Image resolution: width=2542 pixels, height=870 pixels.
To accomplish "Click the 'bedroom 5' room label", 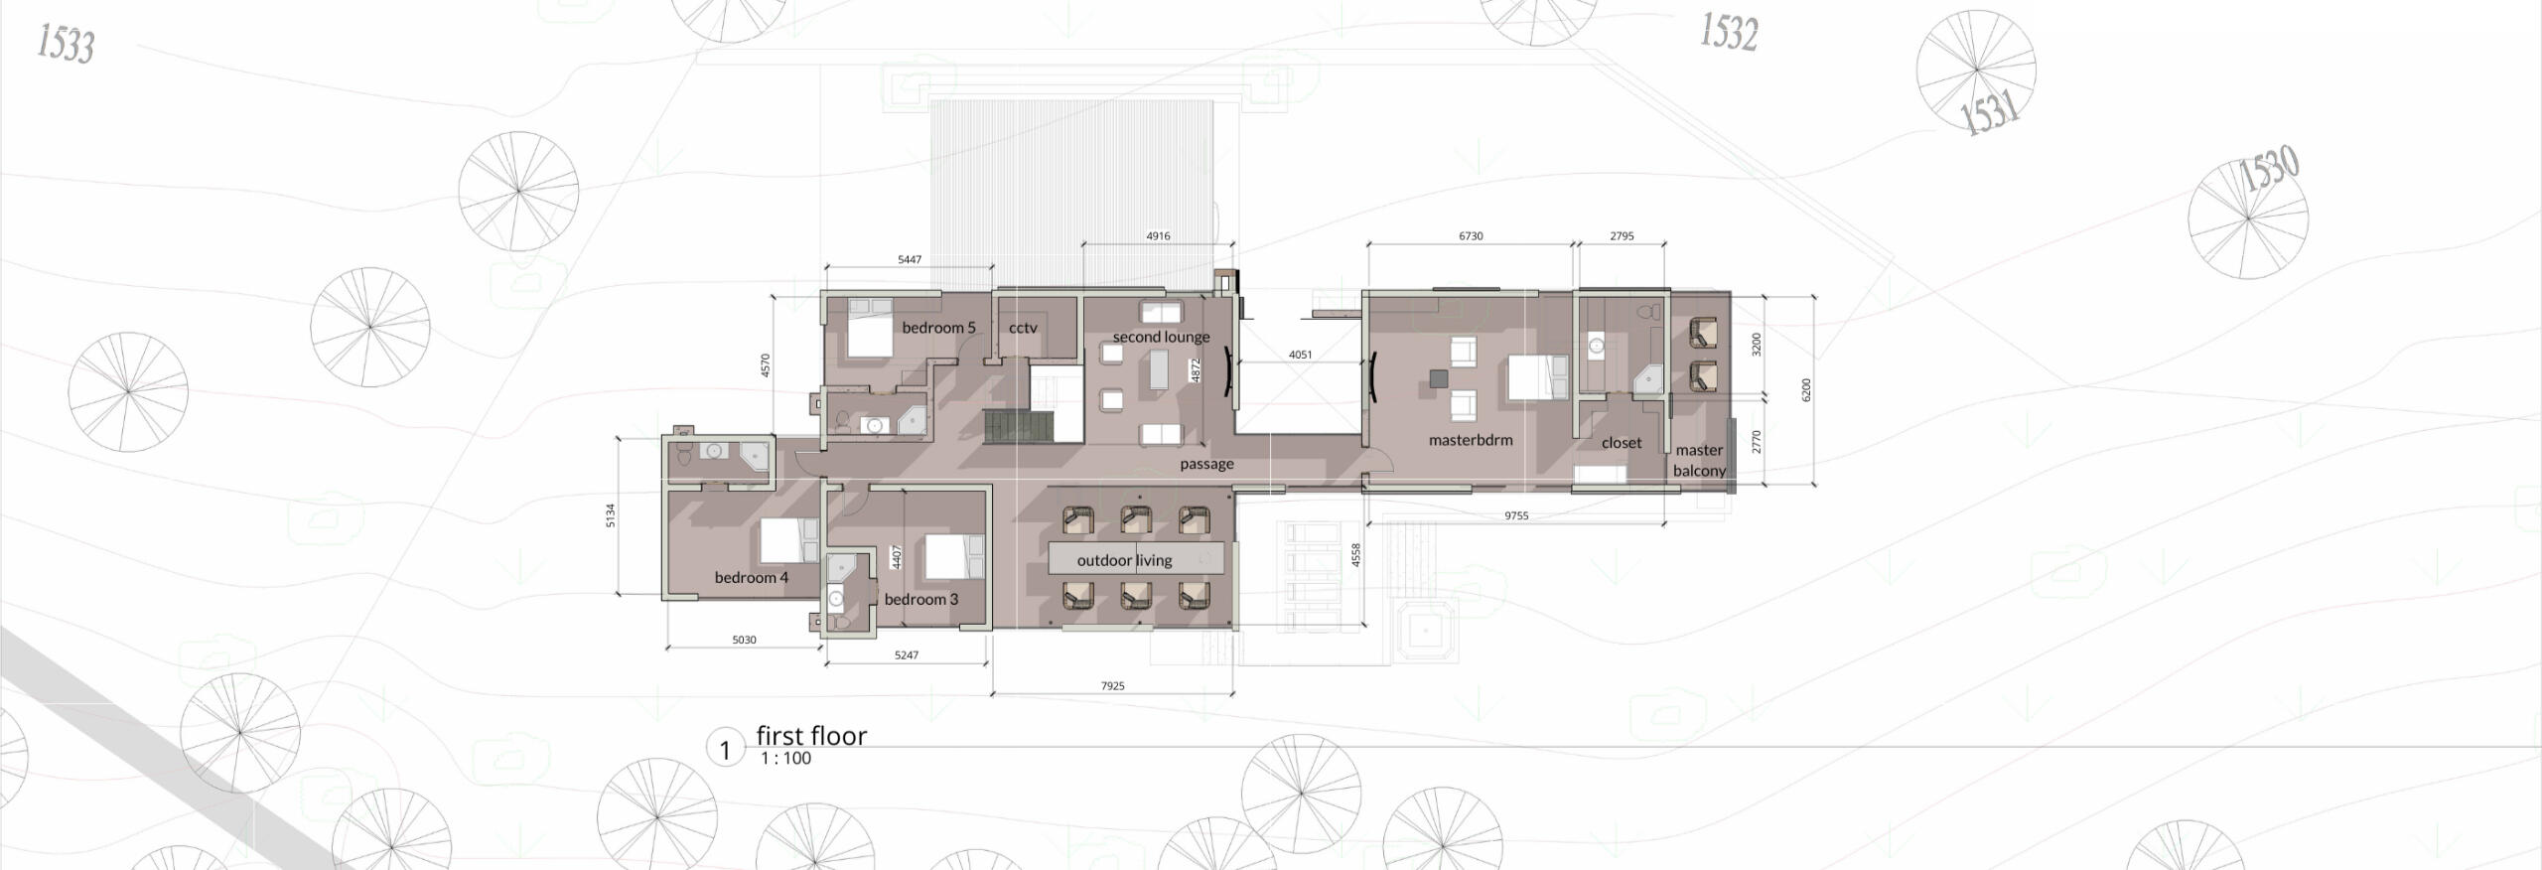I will [938, 328].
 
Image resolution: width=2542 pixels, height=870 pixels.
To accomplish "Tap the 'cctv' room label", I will [1023, 328].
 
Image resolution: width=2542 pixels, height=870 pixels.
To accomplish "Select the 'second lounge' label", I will [1161, 337].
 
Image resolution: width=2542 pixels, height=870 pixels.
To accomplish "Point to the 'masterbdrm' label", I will [1471, 440].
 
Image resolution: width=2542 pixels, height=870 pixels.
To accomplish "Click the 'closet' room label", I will [1622, 443].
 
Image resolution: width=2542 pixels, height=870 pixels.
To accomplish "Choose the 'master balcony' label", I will [1699, 461].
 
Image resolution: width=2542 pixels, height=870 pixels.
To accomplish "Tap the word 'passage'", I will [1206, 464].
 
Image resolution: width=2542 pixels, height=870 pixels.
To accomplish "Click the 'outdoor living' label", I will [1124, 560].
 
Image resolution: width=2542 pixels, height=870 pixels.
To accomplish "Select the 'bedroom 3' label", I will [921, 599].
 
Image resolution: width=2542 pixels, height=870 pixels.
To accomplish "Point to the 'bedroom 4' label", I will [752, 577].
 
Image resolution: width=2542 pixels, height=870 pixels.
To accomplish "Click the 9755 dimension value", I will [1516, 516].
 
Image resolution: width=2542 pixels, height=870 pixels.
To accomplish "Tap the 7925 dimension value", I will [1112, 686].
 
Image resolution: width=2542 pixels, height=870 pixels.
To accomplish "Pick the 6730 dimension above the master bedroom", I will [1471, 236].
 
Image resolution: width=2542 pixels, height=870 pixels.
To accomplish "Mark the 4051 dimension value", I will [1300, 355].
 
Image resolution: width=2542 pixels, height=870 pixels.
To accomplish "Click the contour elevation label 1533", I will [66, 44].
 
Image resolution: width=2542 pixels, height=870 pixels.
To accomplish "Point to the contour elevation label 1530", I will [2270, 170].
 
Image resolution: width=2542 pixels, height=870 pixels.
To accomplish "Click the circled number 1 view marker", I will [725, 750].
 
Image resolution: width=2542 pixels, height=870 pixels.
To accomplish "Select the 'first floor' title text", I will [811, 736].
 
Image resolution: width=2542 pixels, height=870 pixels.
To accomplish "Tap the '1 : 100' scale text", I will [785, 759].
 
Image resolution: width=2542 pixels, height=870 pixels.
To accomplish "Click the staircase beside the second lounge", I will [1016, 427].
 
